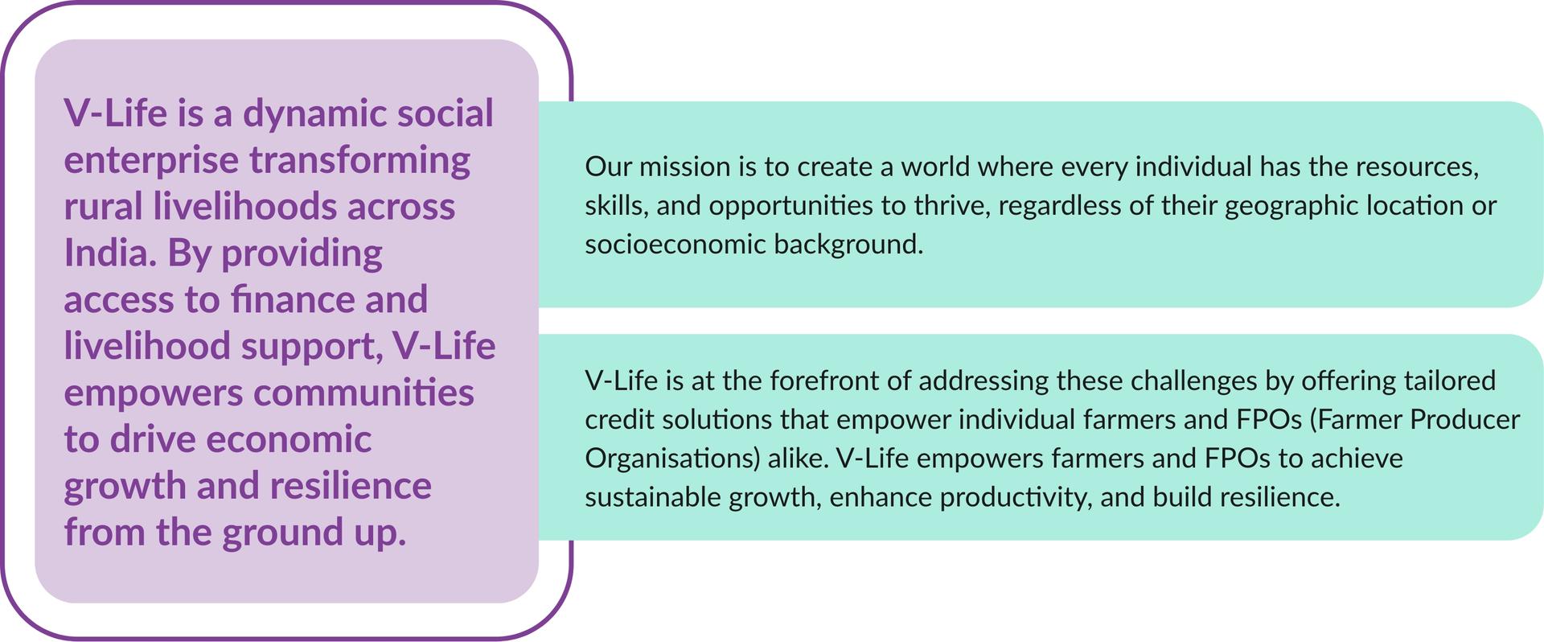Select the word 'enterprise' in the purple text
(x=151, y=161)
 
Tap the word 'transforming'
(x=359, y=161)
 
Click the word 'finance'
(x=293, y=299)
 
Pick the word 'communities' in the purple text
(x=363, y=393)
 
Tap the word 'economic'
(x=289, y=439)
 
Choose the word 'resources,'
(x=1418, y=167)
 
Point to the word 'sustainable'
(x=652, y=496)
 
